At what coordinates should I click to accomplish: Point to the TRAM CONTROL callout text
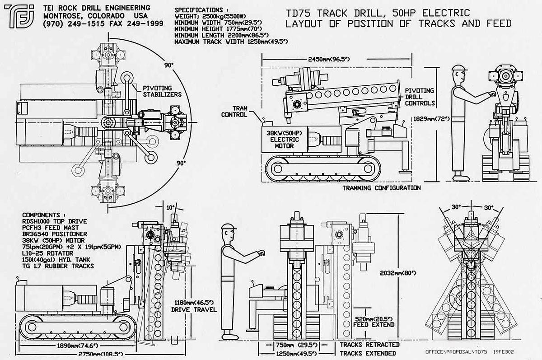[234, 112]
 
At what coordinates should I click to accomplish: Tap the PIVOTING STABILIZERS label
[163, 91]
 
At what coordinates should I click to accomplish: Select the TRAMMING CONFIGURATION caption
[381, 188]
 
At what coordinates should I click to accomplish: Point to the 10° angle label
[169, 207]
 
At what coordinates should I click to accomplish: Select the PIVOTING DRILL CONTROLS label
[420, 97]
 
